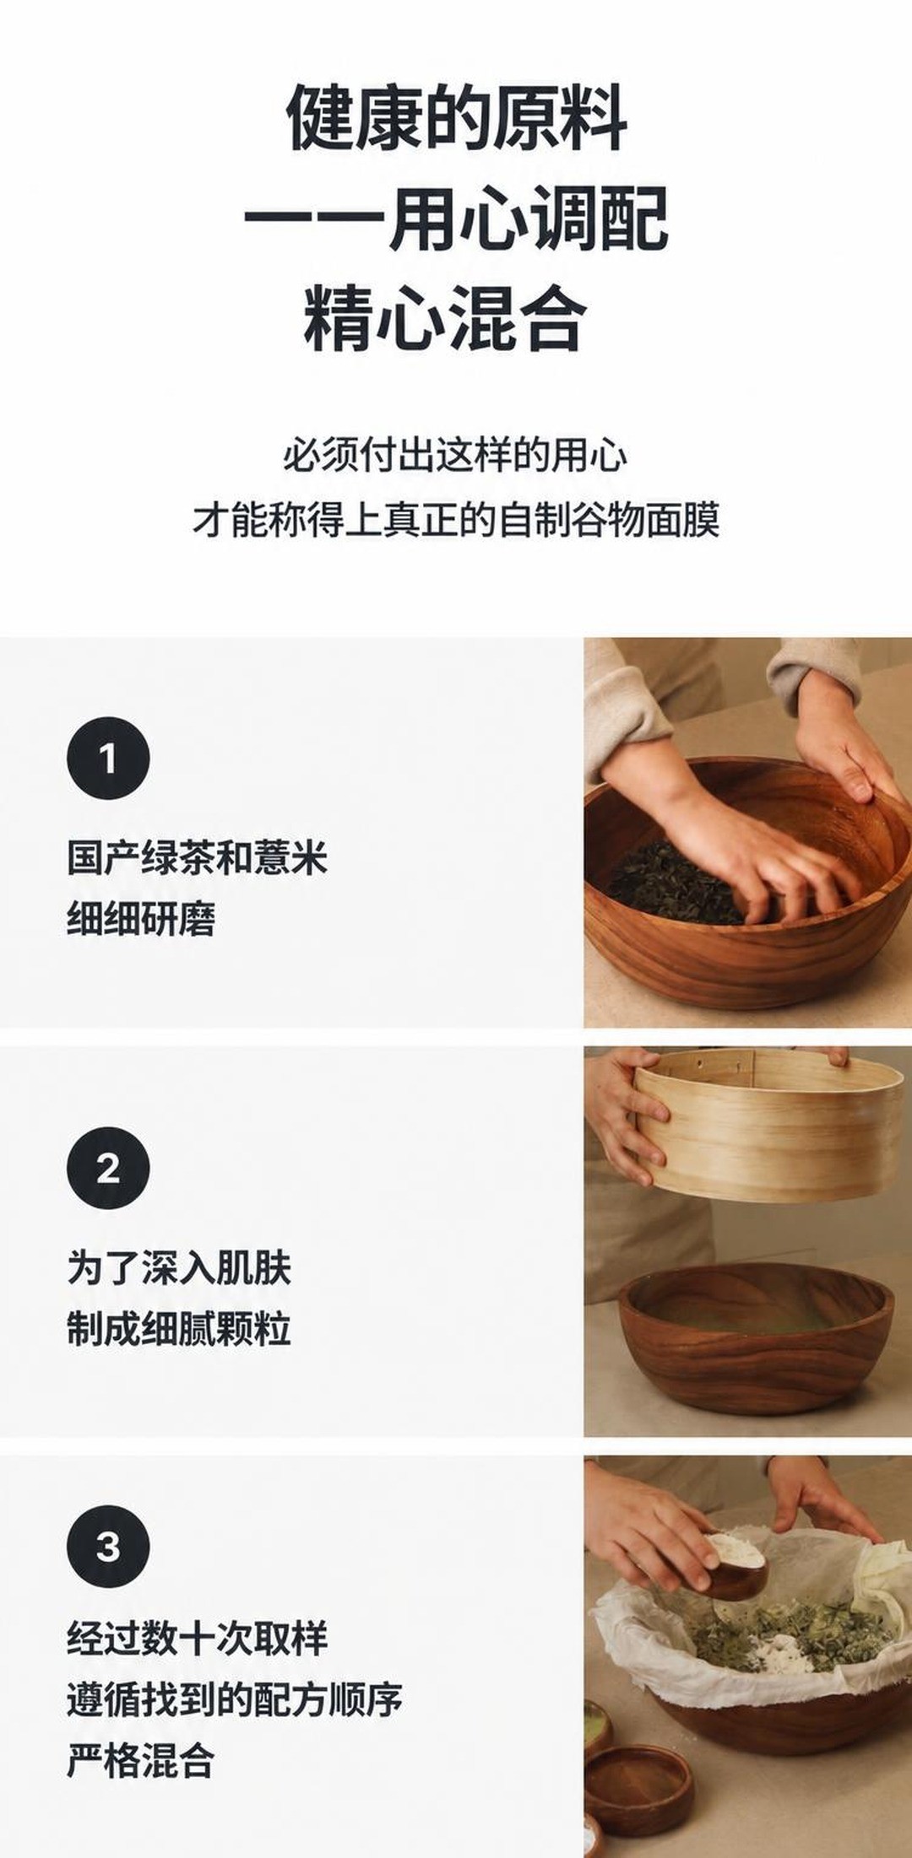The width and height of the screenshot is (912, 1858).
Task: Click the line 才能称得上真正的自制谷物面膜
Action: (456, 519)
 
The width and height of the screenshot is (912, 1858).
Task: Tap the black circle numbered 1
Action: (108, 759)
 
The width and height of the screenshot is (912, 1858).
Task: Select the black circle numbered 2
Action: (108, 1169)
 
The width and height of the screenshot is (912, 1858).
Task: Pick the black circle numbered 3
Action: (108, 1547)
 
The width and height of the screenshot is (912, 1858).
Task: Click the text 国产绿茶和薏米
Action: (197, 858)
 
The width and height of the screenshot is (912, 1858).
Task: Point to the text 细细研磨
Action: (141, 919)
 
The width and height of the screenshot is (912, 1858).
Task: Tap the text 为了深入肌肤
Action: (179, 1268)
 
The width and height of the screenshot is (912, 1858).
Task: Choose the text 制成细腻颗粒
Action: (179, 1329)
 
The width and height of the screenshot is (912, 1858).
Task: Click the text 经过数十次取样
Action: (197, 1638)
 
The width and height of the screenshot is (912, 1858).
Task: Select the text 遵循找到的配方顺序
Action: (235, 1699)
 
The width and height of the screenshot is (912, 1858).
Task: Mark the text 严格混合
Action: (141, 1759)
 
